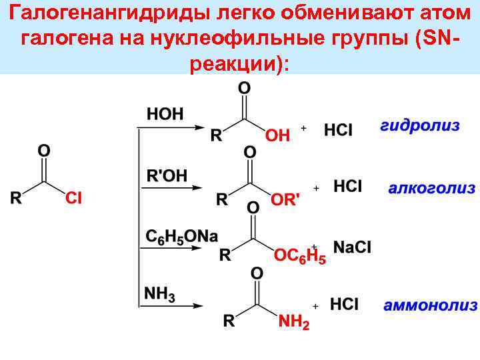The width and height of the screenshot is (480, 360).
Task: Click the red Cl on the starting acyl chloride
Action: tap(74, 198)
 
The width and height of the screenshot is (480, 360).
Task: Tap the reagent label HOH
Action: tap(165, 113)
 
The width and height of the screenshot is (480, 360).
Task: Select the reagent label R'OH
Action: tap(167, 175)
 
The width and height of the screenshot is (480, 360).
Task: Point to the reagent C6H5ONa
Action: tap(182, 237)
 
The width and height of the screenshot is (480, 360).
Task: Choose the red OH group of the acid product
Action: tap(277, 136)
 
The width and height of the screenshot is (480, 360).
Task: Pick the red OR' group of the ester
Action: tap(285, 200)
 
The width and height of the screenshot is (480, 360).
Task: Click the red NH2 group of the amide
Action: tap(293, 323)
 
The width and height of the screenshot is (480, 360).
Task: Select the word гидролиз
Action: tap(420, 127)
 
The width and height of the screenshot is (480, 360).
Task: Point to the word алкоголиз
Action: tap(432, 188)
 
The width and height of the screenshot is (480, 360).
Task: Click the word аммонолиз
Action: tap(431, 306)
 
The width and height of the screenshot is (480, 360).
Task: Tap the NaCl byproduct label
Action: tap(352, 247)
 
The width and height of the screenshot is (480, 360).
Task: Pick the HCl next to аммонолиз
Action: tap(344, 305)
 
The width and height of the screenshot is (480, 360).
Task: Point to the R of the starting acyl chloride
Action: tap(16, 198)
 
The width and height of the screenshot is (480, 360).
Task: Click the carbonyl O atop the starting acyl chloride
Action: tap(43, 151)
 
